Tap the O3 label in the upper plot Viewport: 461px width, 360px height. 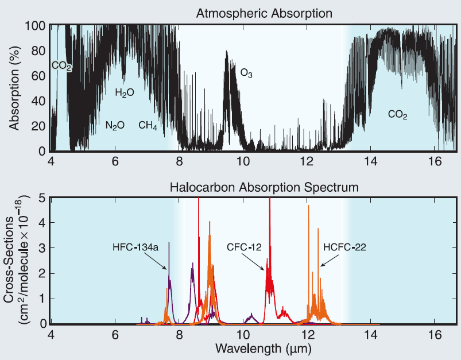click(x=246, y=74)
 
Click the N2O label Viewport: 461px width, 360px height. click(x=115, y=125)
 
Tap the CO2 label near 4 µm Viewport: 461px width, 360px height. click(x=61, y=66)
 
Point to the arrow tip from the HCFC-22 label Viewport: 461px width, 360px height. click(x=320, y=267)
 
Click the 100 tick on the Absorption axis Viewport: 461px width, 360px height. click(x=35, y=26)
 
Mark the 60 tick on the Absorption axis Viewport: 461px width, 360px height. click(x=38, y=76)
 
